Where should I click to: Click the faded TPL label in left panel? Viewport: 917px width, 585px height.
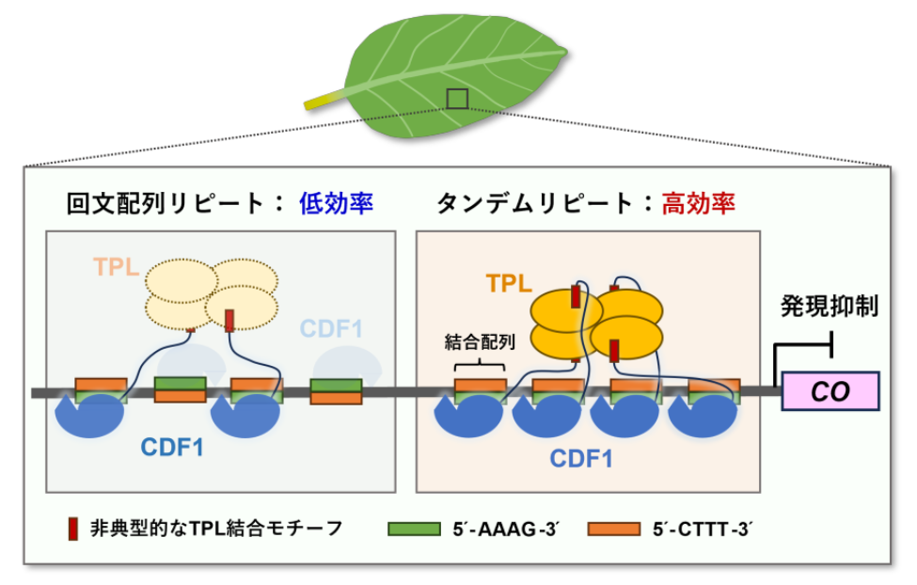click(x=117, y=266)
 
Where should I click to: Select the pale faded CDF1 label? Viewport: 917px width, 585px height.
click(x=331, y=328)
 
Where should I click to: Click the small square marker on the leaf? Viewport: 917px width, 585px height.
click(x=456, y=98)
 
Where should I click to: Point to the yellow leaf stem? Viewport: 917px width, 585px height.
click(x=325, y=97)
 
